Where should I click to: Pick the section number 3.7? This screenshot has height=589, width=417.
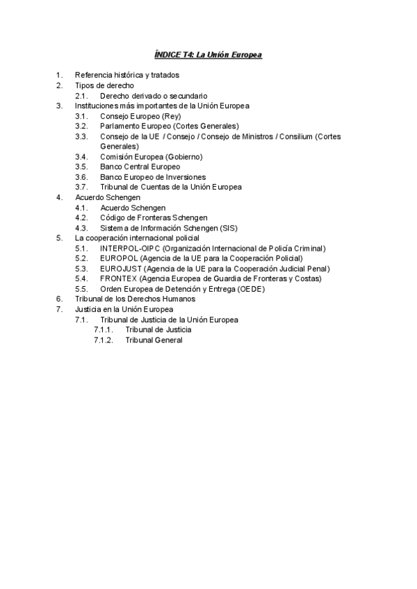(x=81, y=187)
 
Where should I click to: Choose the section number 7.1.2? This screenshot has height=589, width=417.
(x=103, y=340)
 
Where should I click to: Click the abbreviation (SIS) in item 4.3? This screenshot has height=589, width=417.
(x=229, y=228)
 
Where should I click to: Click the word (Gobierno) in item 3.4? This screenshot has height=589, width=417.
(x=179, y=156)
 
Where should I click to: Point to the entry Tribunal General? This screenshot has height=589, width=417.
(x=154, y=340)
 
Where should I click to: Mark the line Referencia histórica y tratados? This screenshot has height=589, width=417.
(x=126, y=75)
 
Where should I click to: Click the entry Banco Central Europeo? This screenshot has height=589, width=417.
(x=140, y=167)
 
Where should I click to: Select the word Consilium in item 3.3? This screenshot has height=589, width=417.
(x=295, y=136)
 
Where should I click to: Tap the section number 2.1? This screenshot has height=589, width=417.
(x=81, y=95)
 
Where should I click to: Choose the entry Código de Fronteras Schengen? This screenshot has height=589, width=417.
(x=153, y=217)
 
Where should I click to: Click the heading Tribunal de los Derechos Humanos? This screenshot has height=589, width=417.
(x=135, y=299)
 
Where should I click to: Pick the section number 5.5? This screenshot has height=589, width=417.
(x=81, y=289)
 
